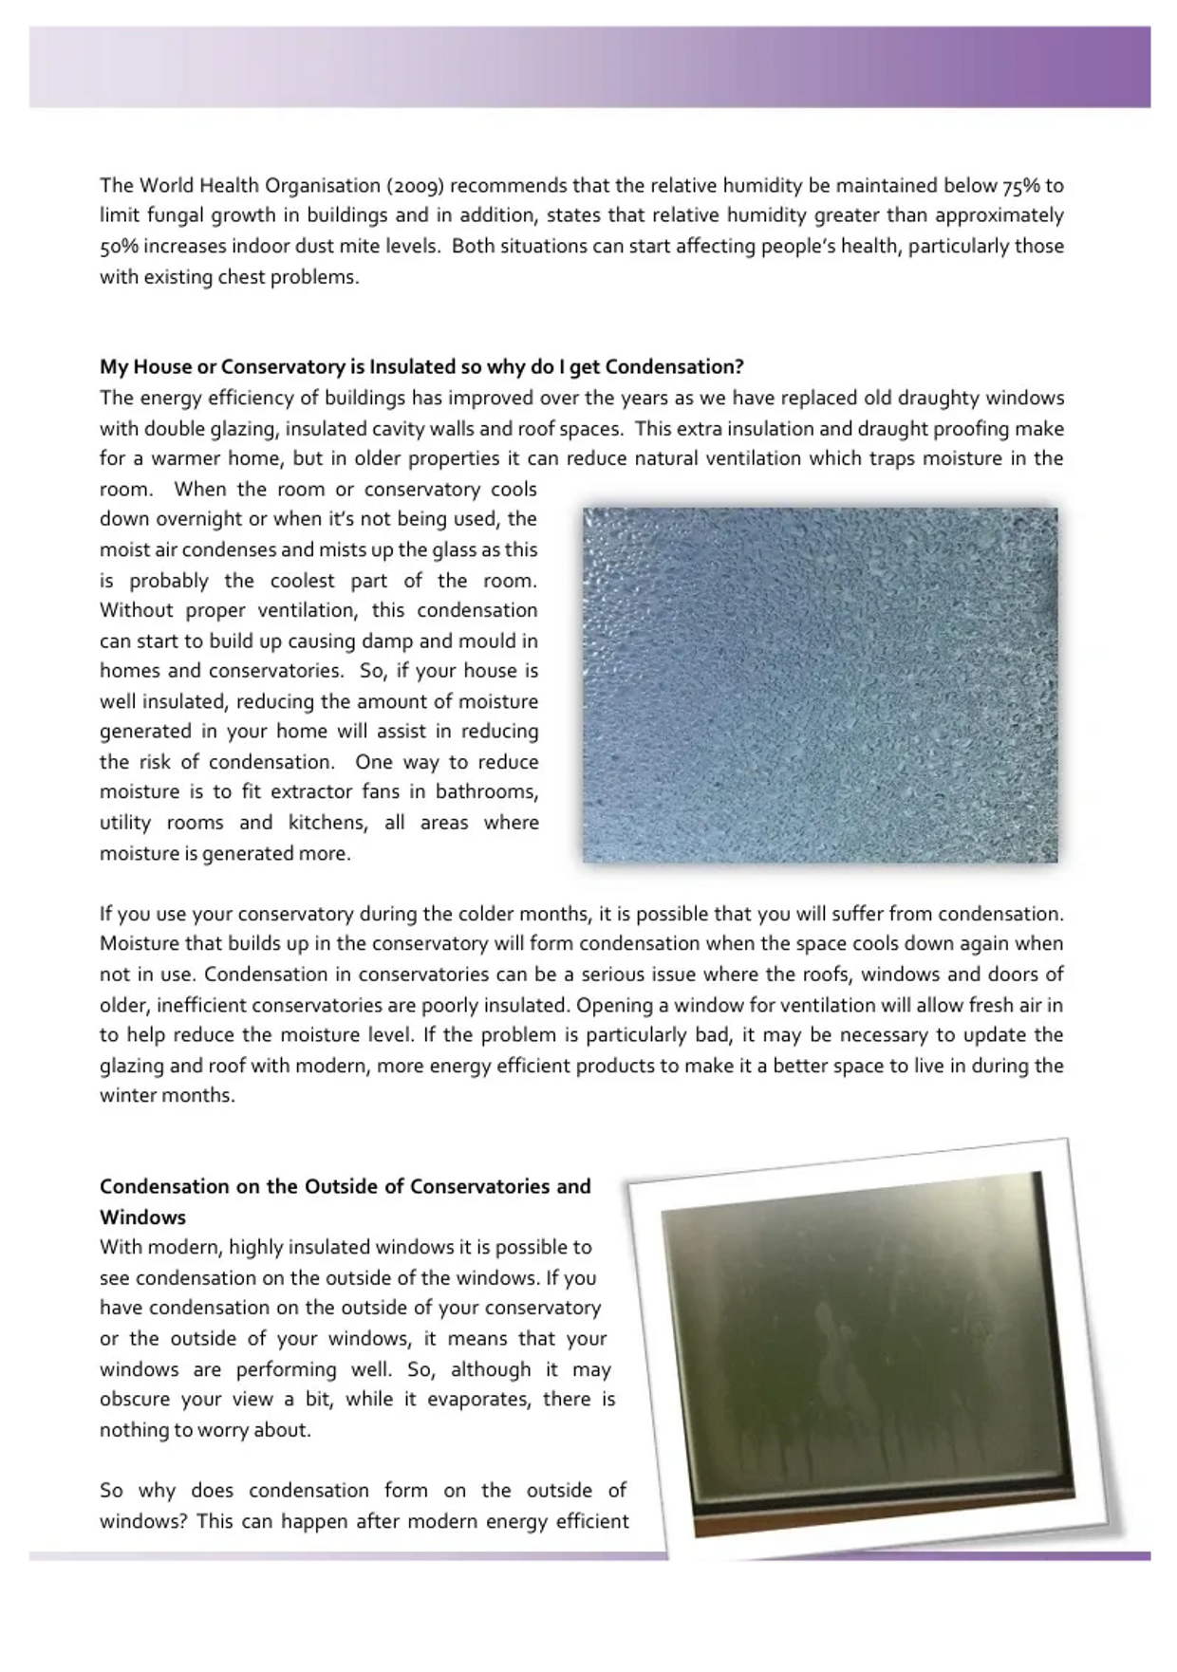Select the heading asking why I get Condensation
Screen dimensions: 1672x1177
coord(421,367)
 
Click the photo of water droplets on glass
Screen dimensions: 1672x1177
coord(820,684)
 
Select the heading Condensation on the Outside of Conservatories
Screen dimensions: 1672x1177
coord(345,1186)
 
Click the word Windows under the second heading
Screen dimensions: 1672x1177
coord(142,1217)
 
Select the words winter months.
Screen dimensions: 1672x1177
coord(166,1096)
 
